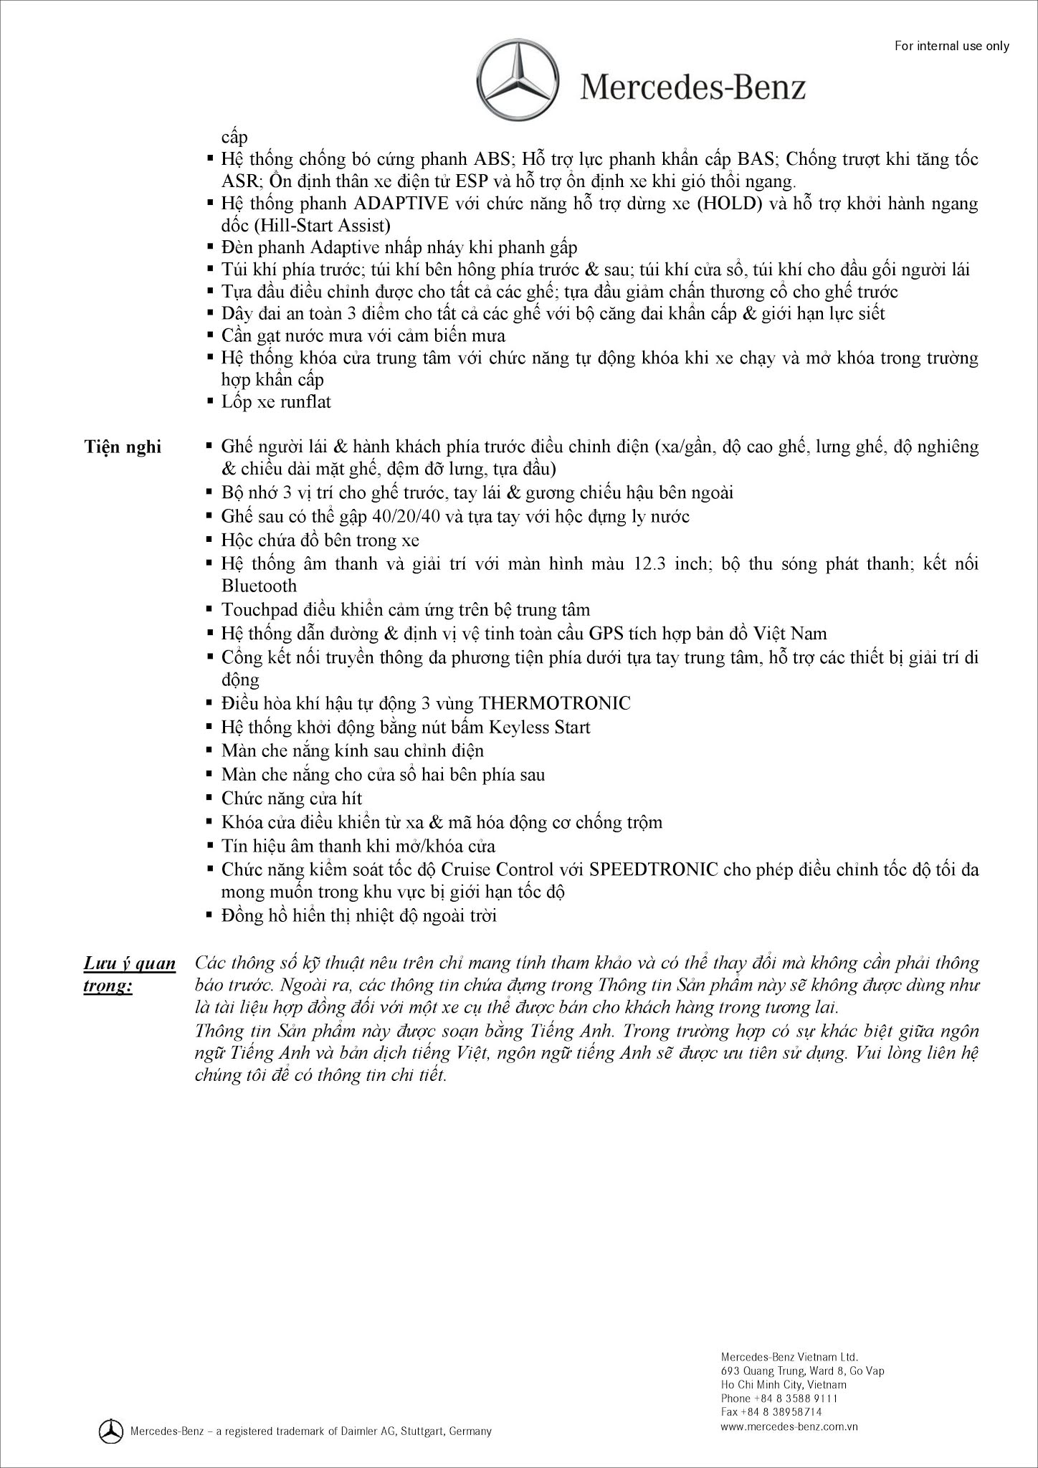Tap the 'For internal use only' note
point(951,46)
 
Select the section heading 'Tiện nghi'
point(123,447)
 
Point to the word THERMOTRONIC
point(555,702)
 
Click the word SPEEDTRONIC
point(654,869)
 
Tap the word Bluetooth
point(259,586)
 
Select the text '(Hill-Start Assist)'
point(321,226)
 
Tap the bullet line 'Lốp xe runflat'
point(276,401)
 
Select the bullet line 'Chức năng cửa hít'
point(292,799)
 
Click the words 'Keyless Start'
point(539,728)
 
